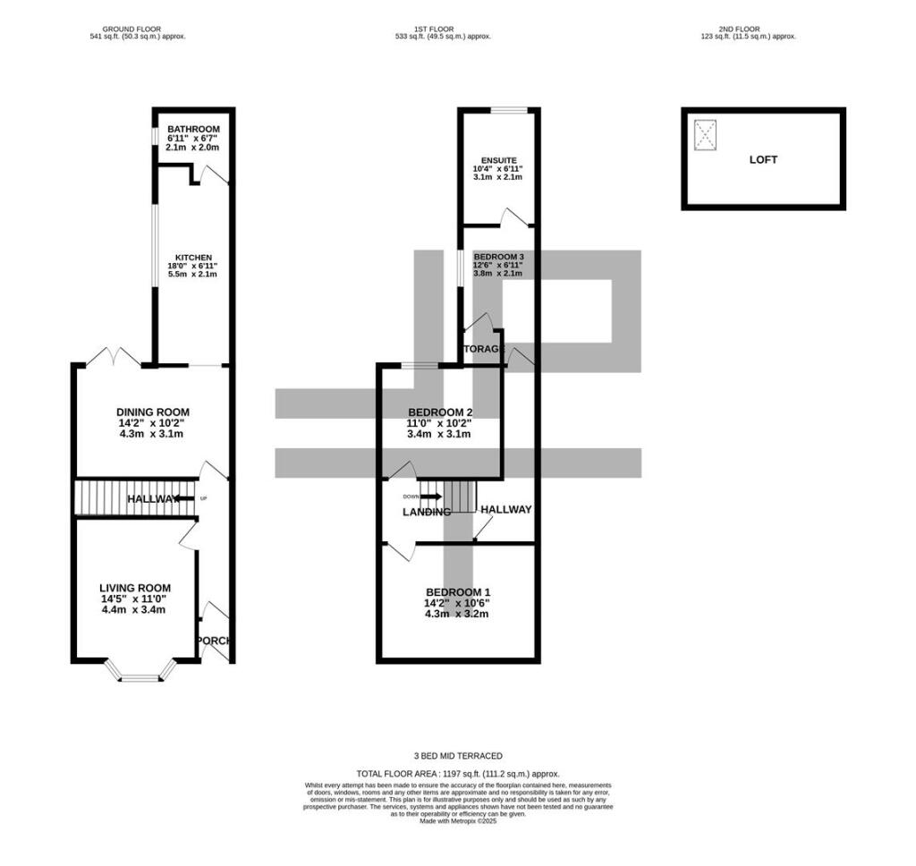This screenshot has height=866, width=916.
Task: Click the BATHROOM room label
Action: click(192, 130)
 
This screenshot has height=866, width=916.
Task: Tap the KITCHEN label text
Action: click(193, 258)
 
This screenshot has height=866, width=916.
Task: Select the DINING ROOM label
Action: click(153, 412)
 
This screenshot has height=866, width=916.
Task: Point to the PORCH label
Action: click(214, 641)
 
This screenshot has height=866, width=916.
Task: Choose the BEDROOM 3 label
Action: click(498, 257)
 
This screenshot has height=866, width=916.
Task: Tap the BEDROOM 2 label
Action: click(440, 412)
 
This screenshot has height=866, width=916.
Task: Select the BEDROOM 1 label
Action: click(457, 592)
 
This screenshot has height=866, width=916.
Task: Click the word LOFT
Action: click(763, 160)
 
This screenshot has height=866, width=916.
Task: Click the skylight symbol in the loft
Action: click(706, 136)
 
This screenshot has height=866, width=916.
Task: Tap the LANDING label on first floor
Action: click(426, 513)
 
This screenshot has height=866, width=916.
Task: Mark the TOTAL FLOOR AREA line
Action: click(457, 773)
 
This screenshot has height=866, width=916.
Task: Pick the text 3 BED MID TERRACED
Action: click(457, 756)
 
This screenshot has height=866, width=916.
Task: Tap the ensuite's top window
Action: click(506, 110)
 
